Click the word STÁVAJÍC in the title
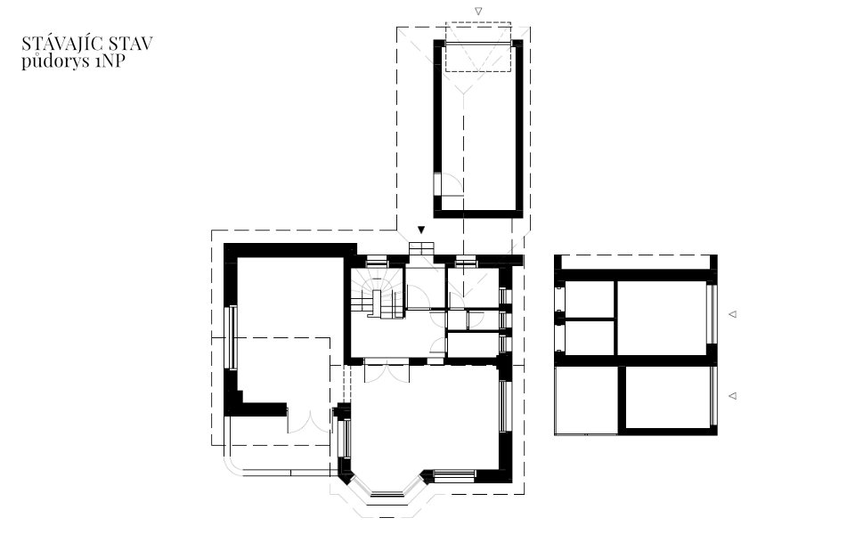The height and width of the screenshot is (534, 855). [x=57, y=43]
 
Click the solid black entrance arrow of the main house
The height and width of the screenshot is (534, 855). [x=421, y=230]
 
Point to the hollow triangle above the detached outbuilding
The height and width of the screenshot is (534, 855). [x=478, y=11]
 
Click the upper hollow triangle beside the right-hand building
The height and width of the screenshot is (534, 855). [x=733, y=314]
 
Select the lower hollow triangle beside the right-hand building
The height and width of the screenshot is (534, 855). [x=733, y=395]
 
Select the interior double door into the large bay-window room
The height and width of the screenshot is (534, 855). [x=387, y=373]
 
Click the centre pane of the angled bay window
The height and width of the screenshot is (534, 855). [x=387, y=494]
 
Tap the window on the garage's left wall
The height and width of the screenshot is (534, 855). [x=232, y=337]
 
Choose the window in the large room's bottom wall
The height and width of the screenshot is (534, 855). [x=454, y=475]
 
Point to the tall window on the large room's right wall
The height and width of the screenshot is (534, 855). [x=503, y=406]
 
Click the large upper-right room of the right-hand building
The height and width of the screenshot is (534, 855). [x=662, y=317]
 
